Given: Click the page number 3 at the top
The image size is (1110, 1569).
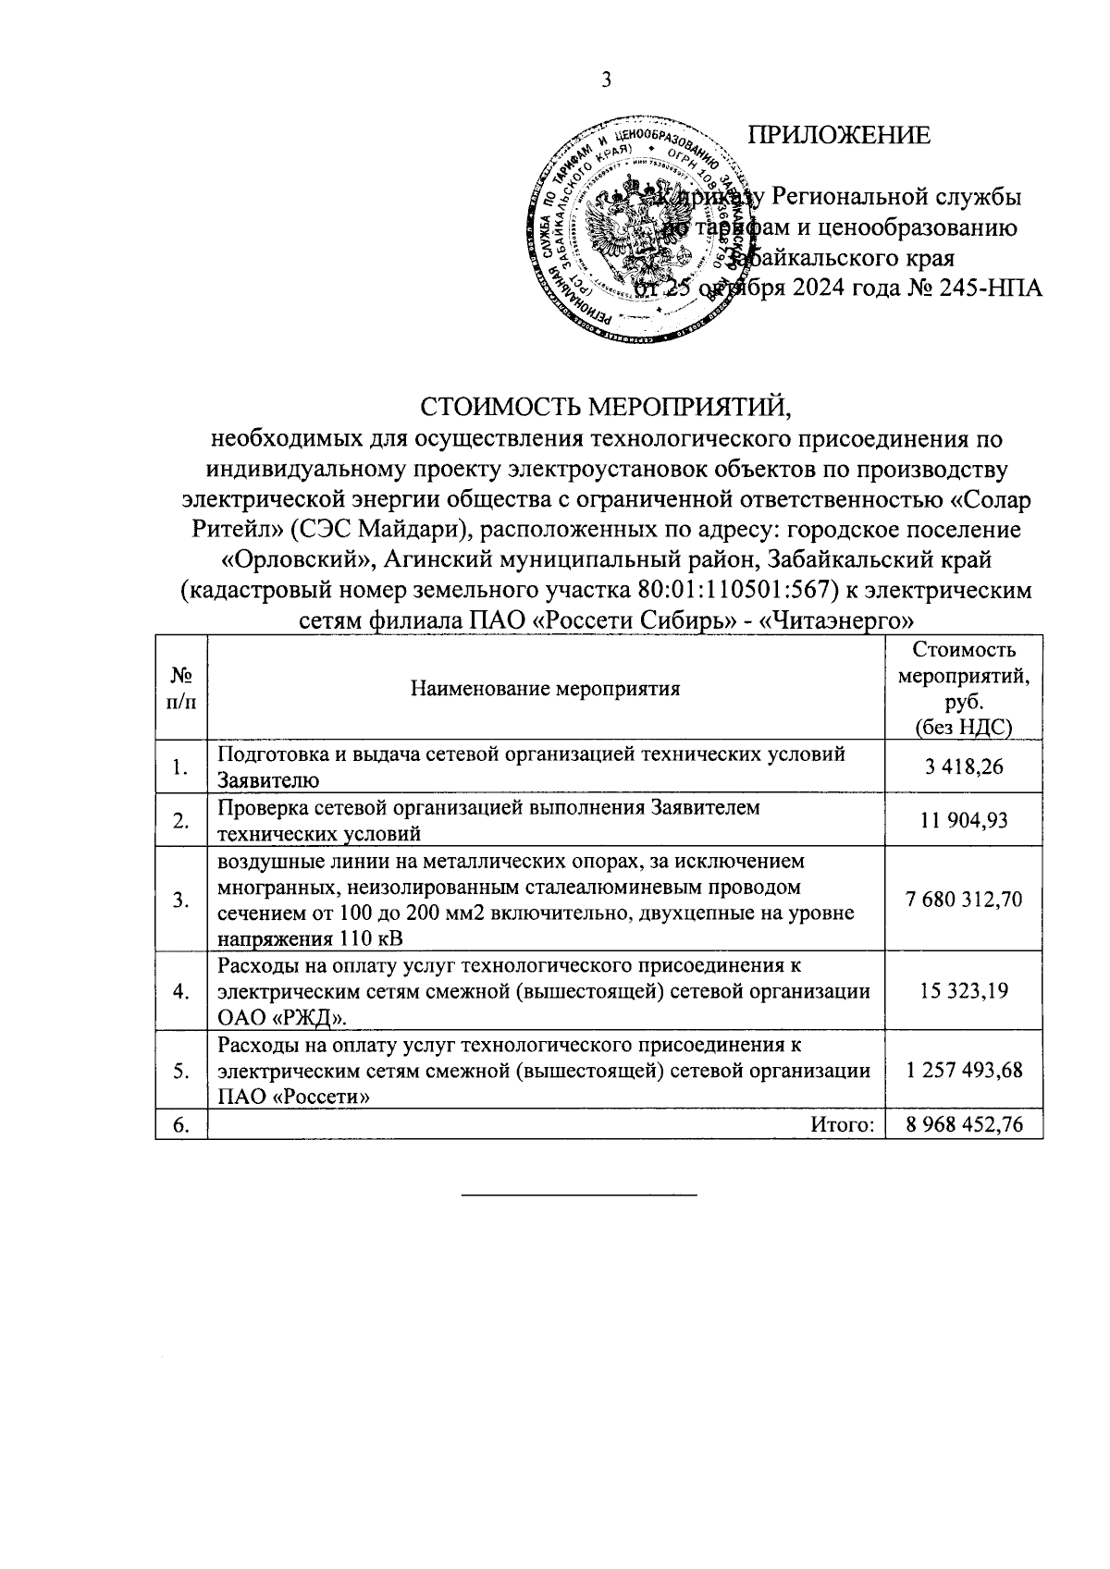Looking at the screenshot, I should point(607,80).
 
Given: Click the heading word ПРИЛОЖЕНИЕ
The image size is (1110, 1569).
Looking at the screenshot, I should point(838,136).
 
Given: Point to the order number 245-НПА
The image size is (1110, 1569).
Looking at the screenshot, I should point(992,288).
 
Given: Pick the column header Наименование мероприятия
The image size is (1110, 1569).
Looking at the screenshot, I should point(546,688).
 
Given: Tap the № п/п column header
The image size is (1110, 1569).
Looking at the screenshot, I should point(181,688).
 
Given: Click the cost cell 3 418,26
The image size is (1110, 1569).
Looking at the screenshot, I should point(965,766).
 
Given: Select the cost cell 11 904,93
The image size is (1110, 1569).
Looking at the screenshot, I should point(965,820).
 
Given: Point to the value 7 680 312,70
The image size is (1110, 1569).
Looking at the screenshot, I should point(965,900).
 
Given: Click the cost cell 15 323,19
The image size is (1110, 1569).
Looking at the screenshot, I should point(965,990).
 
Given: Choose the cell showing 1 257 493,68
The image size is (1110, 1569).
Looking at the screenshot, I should point(965,1071).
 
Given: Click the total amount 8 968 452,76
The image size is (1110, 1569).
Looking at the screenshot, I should point(965,1125).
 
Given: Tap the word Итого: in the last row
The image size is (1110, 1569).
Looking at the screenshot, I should point(843,1125).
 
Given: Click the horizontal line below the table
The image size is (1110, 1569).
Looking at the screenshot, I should point(579,1195).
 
